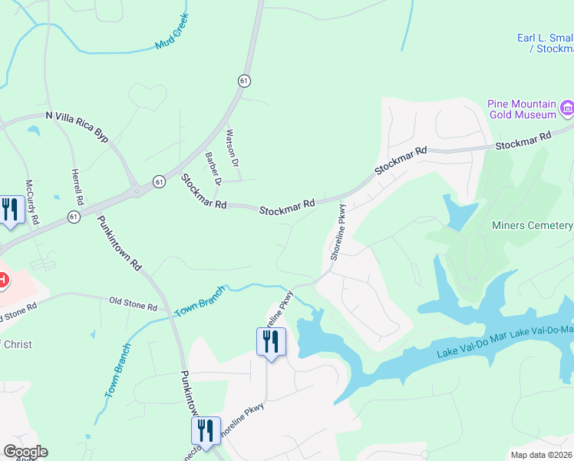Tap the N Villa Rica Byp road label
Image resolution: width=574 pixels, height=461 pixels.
point(77,126)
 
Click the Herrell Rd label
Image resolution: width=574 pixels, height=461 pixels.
point(77,187)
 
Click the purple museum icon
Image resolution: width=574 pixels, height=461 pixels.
point(567,108)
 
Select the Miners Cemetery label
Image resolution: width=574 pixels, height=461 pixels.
point(532,225)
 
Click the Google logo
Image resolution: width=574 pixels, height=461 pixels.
point(25,452)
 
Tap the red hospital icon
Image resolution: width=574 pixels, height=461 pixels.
point(2,280)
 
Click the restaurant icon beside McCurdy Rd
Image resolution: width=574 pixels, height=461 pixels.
point(10,209)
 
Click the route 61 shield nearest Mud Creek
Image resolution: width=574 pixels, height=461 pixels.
point(243,81)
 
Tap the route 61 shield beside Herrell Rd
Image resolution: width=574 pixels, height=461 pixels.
point(74,217)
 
